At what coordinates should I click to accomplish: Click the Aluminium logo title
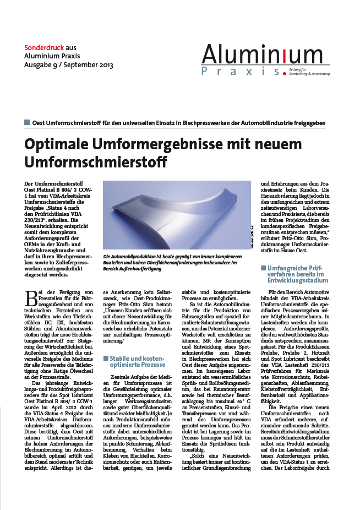261,54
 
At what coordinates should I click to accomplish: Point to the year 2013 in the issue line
104,65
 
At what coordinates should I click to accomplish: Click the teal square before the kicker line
27,122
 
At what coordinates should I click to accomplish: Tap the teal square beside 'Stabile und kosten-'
106,358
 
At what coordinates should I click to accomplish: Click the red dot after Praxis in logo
284,73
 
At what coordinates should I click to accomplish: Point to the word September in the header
77,65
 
